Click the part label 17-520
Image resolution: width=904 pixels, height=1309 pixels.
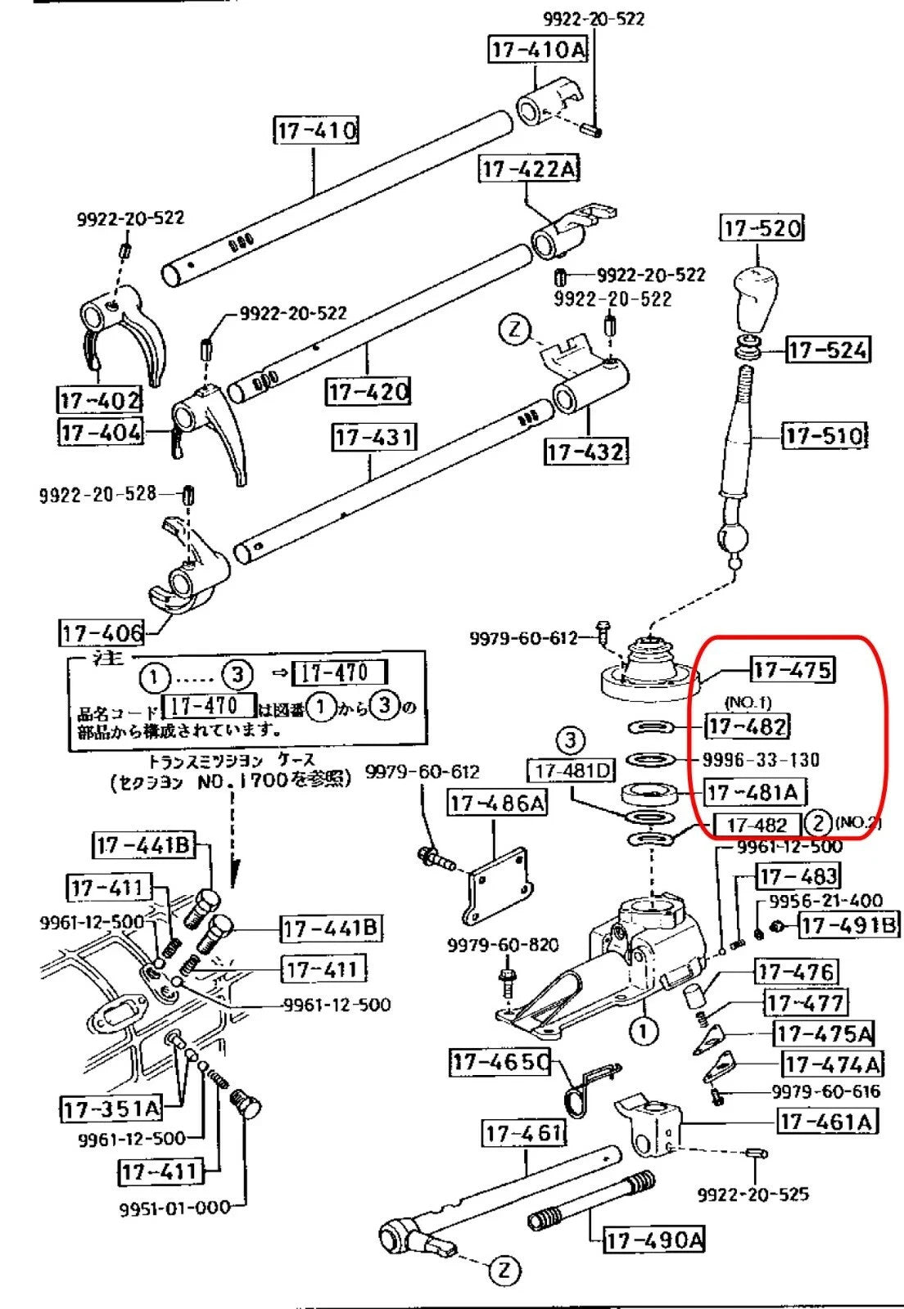(762, 227)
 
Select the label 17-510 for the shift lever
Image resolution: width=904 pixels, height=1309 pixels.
(825, 435)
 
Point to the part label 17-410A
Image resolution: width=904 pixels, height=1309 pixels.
(539, 50)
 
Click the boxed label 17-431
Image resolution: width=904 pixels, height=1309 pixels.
(373, 437)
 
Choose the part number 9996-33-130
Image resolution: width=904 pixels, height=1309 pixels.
(761, 760)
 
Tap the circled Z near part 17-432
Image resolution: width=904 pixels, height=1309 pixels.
(514, 330)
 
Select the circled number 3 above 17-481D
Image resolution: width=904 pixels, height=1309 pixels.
(571, 741)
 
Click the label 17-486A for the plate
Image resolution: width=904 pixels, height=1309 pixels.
(496, 803)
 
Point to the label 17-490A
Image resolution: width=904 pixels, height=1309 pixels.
(653, 1240)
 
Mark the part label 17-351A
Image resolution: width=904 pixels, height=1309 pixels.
(111, 1109)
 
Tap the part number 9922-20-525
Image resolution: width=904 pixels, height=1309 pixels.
(753, 1194)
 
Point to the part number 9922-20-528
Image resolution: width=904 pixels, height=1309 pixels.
(97, 494)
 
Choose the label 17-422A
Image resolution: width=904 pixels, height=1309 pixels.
(529, 169)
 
